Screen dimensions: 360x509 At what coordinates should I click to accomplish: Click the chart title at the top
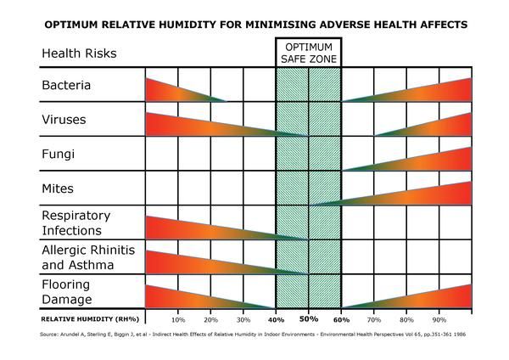coord(255,25)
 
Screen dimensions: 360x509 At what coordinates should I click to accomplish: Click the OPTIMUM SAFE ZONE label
coord(308,53)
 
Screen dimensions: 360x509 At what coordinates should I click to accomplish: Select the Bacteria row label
coord(66,86)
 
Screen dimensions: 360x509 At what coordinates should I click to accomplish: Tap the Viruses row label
coord(64,121)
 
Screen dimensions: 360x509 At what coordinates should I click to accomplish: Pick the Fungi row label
coord(58,155)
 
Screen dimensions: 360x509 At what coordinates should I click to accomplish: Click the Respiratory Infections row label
coord(76,222)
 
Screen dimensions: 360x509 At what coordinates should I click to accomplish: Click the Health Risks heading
coord(78,53)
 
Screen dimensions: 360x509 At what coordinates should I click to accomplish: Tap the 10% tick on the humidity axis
coord(178,319)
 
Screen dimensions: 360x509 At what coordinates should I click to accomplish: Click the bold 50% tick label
coord(308,319)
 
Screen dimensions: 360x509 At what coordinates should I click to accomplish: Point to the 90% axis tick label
coord(439,319)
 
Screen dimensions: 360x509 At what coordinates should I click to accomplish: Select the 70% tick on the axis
coord(373,319)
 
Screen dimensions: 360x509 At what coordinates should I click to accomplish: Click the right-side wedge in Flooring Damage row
coord(424,296)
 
